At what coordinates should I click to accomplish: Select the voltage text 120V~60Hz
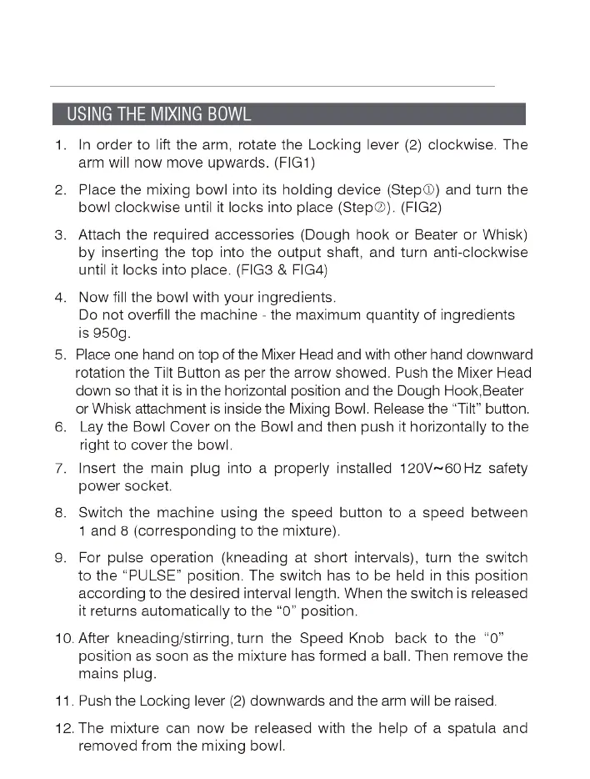click(x=437, y=468)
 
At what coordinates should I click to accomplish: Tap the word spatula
click(x=472, y=728)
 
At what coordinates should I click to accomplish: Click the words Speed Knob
click(x=341, y=638)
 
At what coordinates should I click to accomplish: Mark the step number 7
click(x=60, y=468)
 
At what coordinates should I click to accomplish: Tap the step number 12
click(x=63, y=728)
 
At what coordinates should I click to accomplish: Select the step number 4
click(x=60, y=297)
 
